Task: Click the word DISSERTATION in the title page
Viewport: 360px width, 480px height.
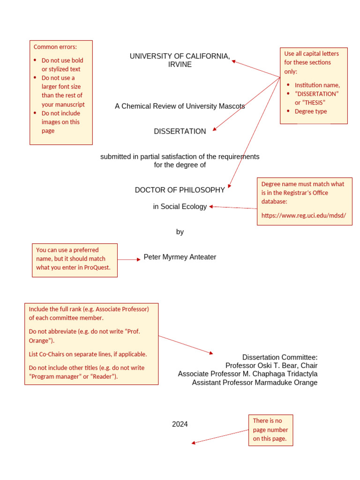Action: [180, 132]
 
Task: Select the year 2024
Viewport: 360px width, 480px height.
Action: [180, 424]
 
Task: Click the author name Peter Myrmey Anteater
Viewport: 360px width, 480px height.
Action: [180, 257]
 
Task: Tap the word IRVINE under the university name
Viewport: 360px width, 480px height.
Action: [180, 65]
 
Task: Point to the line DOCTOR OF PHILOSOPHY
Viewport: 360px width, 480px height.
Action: [180, 190]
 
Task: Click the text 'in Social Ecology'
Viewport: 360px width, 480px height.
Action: [180, 207]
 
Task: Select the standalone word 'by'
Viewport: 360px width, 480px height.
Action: [180, 232]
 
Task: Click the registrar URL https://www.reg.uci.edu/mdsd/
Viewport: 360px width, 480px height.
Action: [303, 216]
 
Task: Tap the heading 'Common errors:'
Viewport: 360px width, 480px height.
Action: [55, 47]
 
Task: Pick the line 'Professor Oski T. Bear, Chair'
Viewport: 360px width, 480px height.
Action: [271, 366]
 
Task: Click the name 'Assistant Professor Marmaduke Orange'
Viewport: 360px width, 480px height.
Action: [255, 382]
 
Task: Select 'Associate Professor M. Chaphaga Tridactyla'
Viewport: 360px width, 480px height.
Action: [247, 374]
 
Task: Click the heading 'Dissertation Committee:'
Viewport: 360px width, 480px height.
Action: [279, 357]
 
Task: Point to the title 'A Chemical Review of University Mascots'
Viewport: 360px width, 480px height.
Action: [180, 106]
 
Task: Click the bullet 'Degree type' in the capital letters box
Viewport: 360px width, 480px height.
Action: [310, 112]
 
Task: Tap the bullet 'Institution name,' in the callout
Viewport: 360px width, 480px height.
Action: [317, 85]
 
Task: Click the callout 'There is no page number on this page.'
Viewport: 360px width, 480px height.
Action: [270, 430]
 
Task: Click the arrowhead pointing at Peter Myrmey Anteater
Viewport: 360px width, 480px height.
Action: [138, 259]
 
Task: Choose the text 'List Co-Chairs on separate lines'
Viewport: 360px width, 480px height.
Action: [75, 354]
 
